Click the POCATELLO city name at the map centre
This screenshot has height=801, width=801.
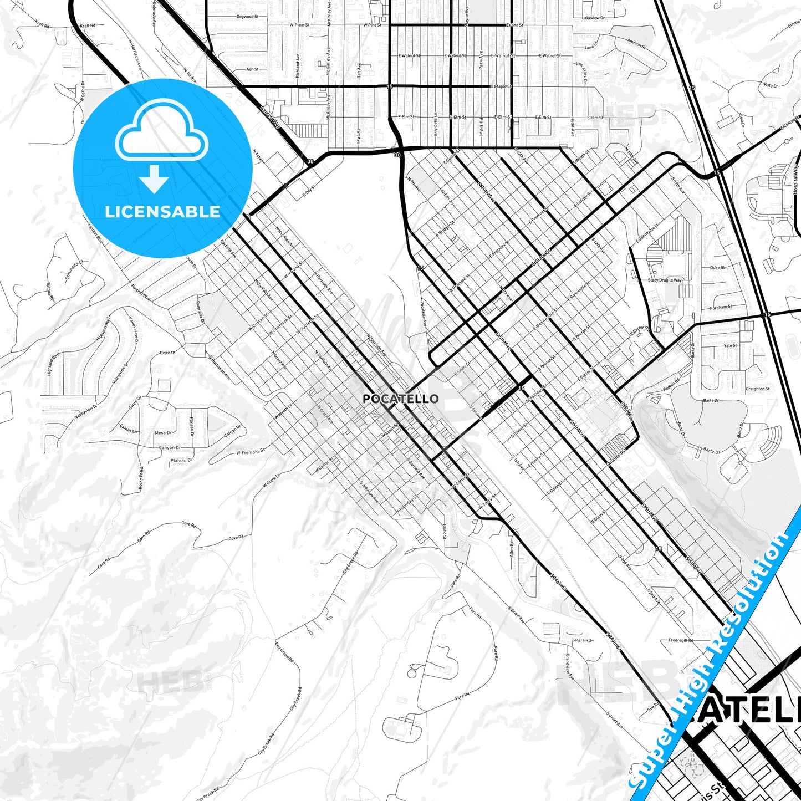(x=400, y=399)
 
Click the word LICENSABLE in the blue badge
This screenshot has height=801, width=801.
(x=162, y=212)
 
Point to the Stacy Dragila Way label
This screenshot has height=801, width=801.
(x=665, y=280)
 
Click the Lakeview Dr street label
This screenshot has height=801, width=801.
(x=593, y=18)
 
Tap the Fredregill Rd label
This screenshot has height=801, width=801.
(x=681, y=640)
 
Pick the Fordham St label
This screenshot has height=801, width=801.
(x=721, y=307)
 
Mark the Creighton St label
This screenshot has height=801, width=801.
(x=757, y=389)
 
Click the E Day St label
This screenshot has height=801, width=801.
(x=309, y=192)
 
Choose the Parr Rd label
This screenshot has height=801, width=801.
(x=583, y=640)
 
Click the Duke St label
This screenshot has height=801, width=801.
(x=717, y=268)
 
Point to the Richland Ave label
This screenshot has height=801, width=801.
(x=298, y=65)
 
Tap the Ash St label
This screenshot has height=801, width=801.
(x=252, y=70)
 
